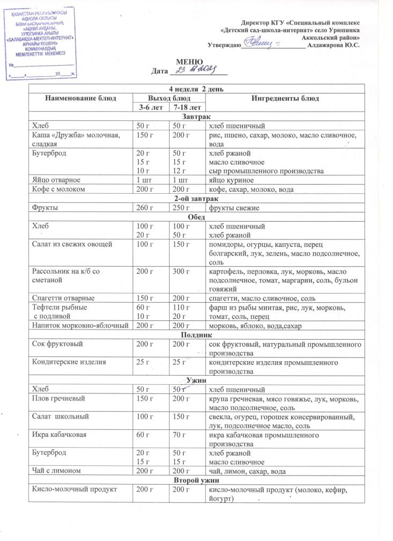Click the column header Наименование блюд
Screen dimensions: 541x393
coord(81,98)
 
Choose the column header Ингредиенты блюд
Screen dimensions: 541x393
coord(285,98)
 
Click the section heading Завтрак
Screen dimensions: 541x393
coord(196,117)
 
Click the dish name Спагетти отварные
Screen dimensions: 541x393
coord(64,297)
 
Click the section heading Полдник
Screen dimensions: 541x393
coord(196,334)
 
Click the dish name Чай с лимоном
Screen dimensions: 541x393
coord(57,471)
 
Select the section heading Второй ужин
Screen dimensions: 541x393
coord(196,480)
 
